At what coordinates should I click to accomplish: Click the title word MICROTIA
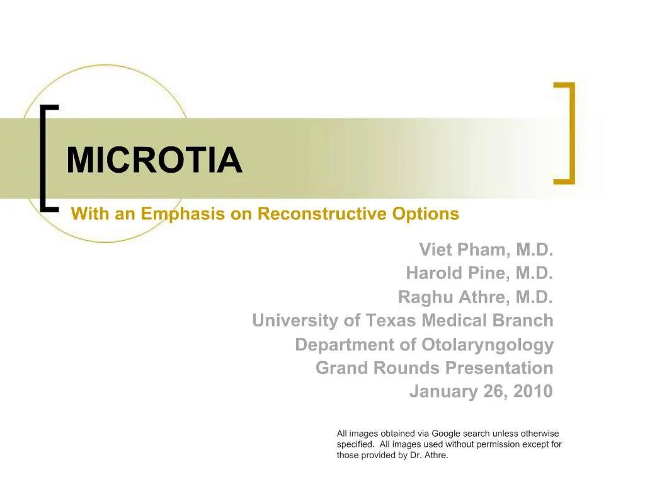coord(154,161)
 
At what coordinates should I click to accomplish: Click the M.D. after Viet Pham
coord(534,250)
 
